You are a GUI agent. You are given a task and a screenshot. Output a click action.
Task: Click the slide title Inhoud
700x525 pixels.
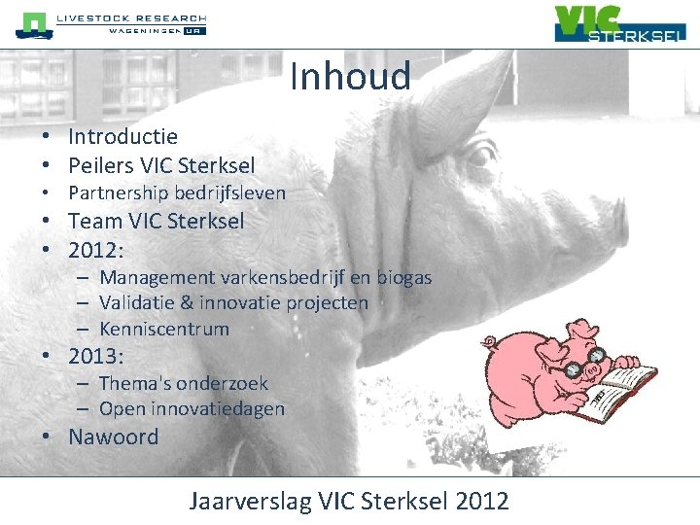point(350,76)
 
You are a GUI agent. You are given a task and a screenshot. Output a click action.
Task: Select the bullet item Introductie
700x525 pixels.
point(122,137)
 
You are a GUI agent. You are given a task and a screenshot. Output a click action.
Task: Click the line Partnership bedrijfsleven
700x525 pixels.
point(176,192)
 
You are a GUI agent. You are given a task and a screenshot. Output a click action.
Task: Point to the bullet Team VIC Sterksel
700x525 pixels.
point(156,221)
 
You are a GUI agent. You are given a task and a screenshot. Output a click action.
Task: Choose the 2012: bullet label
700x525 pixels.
point(95,250)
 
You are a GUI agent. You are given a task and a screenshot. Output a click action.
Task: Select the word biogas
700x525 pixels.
point(398,278)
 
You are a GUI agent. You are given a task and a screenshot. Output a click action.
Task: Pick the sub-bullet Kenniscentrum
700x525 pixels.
point(163,329)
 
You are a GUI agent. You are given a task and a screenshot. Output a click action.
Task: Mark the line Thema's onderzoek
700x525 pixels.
point(183,383)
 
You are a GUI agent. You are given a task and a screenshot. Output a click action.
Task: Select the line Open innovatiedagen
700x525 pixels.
point(192,409)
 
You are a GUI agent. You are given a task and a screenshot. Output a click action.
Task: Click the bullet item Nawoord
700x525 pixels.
point(113,437)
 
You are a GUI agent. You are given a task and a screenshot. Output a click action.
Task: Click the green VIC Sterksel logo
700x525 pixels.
point(619,23)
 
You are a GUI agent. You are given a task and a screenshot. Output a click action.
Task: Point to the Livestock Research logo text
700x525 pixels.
point(131,18)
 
